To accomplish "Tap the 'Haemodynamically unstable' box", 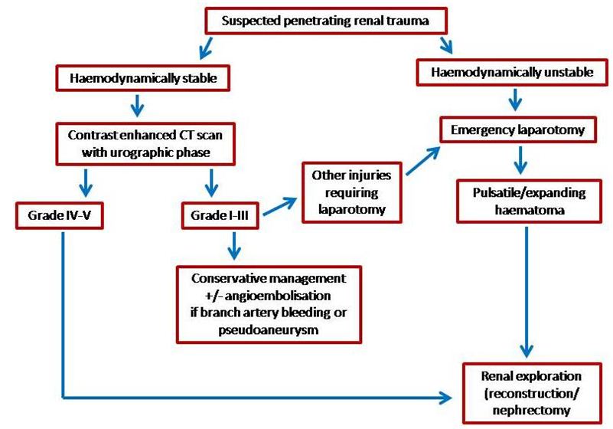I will (510, 72).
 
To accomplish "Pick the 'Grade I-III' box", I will (219, 215).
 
